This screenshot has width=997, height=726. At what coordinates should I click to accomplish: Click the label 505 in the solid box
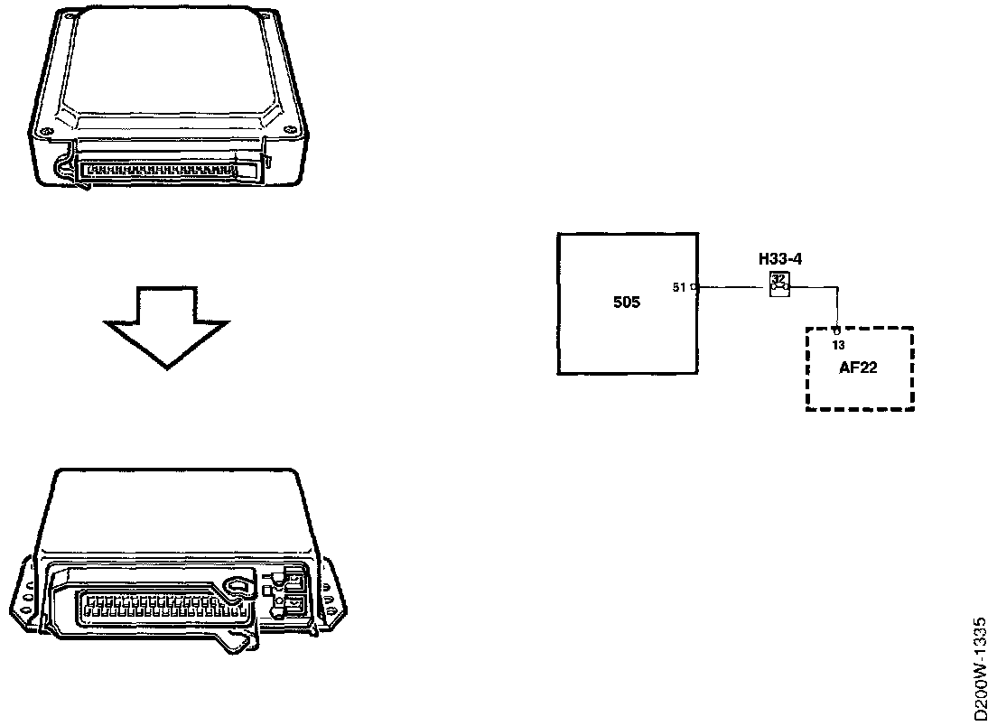pos(626,302)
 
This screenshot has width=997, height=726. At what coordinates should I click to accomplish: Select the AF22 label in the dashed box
pos(858,368)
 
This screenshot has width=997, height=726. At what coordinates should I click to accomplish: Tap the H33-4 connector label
pos(780,260)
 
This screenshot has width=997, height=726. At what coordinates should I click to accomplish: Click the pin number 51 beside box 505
pos(679,288)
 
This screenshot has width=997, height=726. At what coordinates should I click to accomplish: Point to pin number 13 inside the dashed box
pos(838,346)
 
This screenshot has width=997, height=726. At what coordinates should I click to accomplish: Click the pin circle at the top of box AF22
pos(838,331)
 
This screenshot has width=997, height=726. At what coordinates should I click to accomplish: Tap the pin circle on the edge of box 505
pos(694,288)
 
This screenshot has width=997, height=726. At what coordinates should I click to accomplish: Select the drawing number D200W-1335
pos(982,668)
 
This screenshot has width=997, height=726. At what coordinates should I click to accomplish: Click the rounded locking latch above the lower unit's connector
pos(237,587)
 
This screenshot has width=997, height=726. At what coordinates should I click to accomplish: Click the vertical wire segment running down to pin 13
pos(838,309)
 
